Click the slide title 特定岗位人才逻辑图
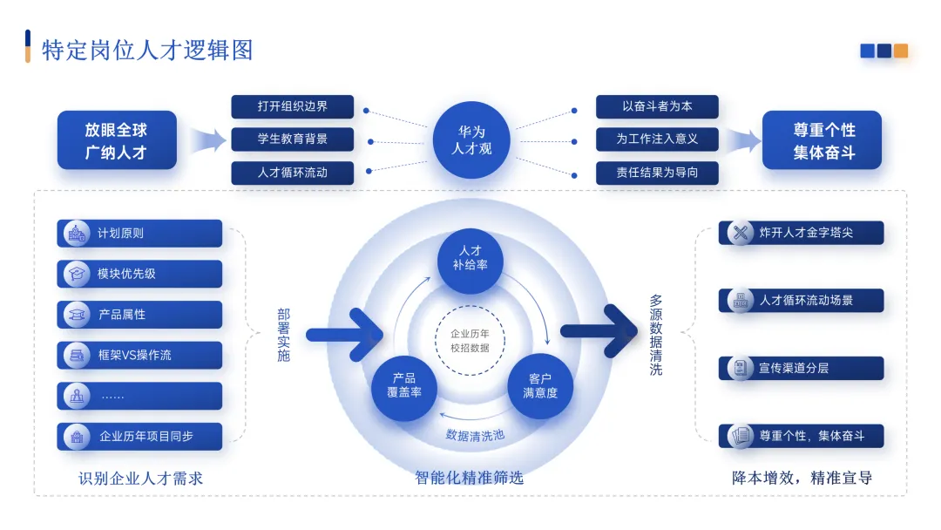point(147,50)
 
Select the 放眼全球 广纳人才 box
point(117,140)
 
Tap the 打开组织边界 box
point(293,106)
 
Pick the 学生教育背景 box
point(293,139)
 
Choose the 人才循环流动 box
point(293,173)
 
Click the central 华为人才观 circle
point(471,140)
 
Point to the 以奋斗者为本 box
point(657,106)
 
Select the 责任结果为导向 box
point(657,173)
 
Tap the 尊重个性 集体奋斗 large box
point(823,140)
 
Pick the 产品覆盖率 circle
point(403,384)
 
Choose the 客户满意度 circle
point(540,384)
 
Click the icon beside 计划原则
point(76,233)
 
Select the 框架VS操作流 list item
point(139,355)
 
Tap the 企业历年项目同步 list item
point(139,436)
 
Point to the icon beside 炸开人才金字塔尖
point(741,233)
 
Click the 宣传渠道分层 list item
point(802,368)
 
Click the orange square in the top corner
point(900,51)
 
